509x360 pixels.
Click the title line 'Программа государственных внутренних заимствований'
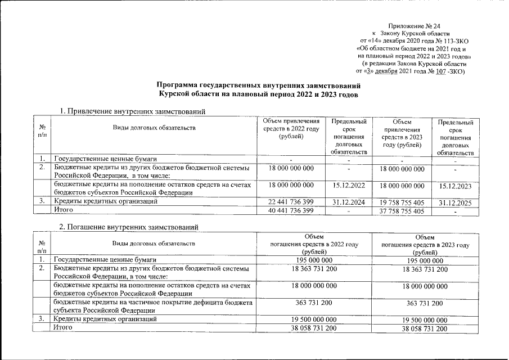tap(258, 85)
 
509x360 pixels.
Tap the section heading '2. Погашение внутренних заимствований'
tap(130, 226)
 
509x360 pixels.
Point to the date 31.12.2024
tap(349, 201)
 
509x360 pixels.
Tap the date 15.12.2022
tap(349, 184)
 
